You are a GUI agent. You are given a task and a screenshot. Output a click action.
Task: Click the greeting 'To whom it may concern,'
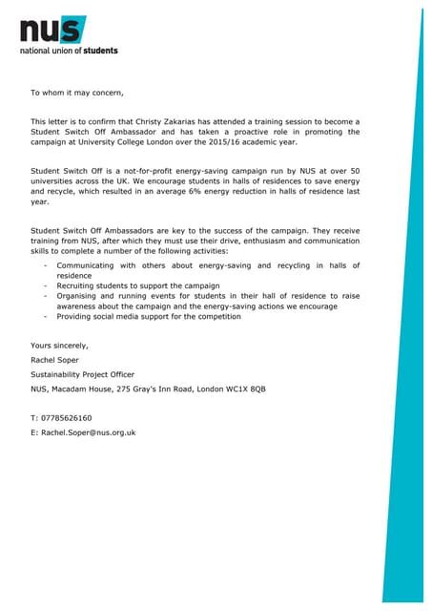coord(77,93)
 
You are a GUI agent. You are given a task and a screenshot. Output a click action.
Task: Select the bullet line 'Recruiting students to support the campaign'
coord(138,285)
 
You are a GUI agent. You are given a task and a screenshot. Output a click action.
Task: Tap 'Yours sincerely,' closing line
coord(59,345)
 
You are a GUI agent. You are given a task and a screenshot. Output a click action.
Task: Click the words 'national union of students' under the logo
coord(70,50)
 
